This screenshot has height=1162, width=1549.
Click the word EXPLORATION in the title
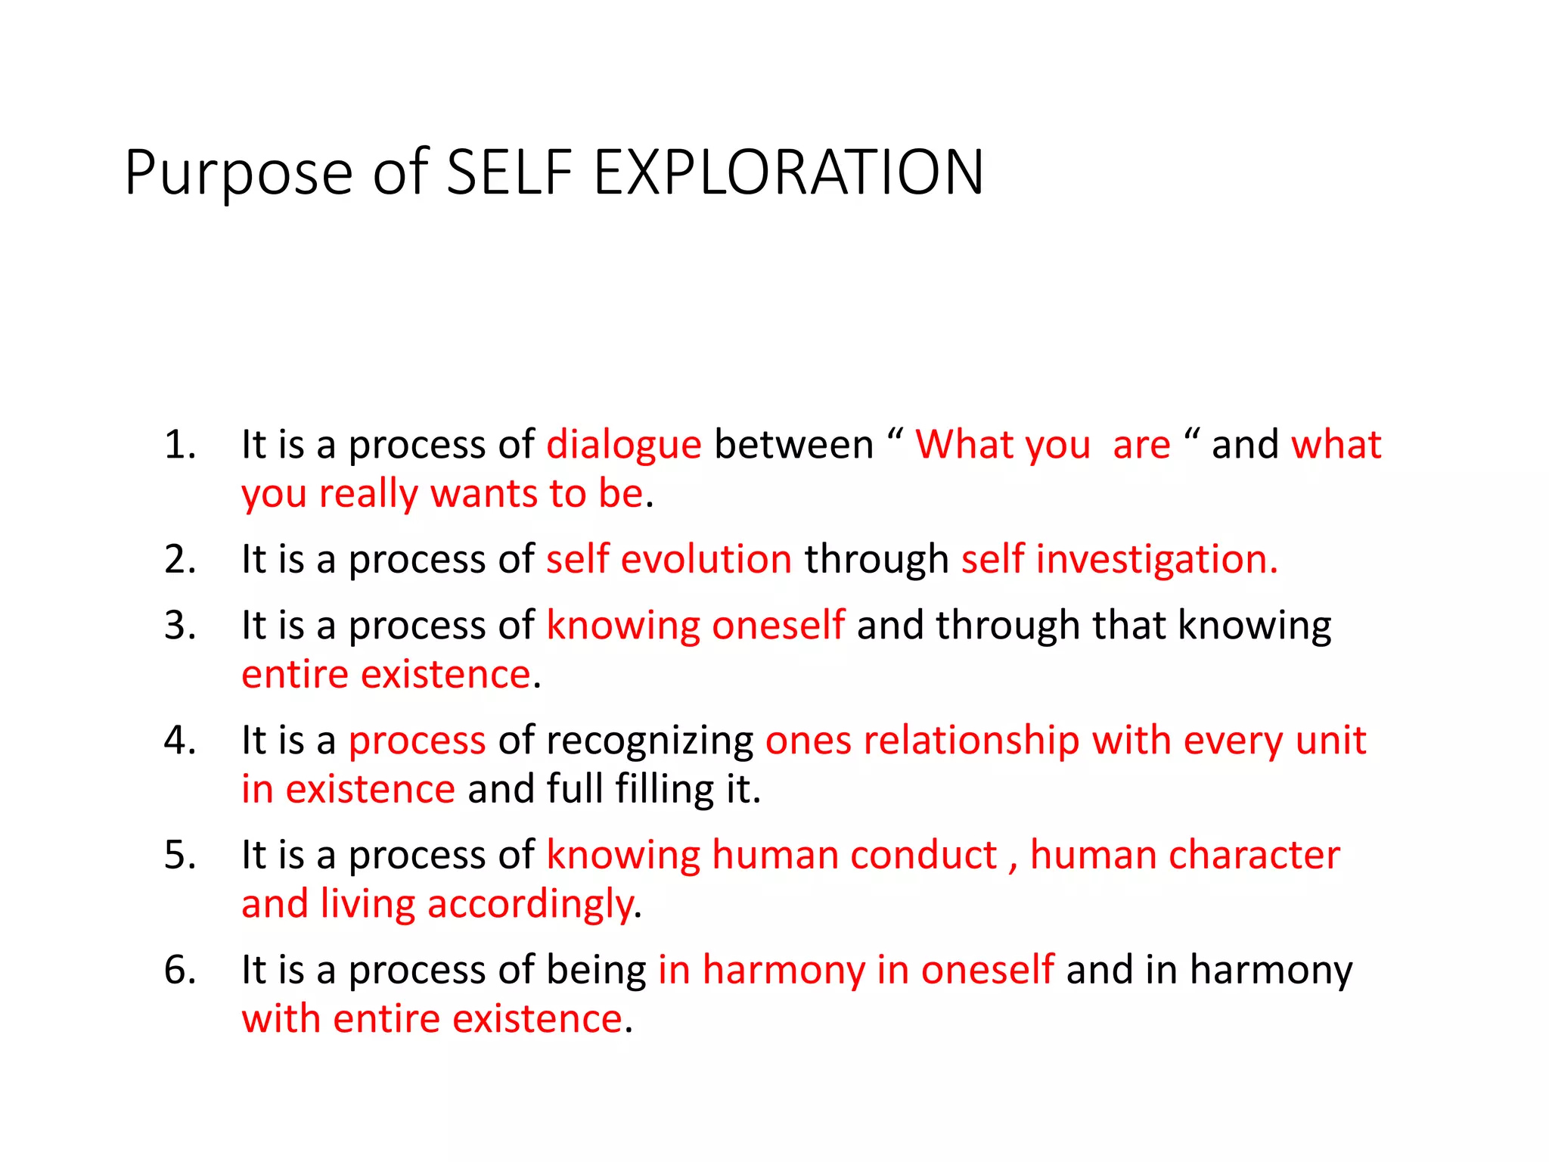click(788, 172)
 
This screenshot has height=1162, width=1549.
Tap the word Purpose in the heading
click(239, 174)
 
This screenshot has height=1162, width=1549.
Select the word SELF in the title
click(509, 172)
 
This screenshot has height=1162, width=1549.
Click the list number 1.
click(180, 444)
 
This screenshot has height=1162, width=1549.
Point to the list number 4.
click(180, 740)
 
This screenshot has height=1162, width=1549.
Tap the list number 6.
click(180, 970)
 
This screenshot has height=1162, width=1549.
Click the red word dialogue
click(624, 445)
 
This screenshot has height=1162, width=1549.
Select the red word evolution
click(706, 560)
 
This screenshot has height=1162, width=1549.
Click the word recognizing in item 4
click(650, 741)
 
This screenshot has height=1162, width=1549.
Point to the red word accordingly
click(530, 905)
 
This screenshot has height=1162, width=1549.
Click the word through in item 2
click(877, 560)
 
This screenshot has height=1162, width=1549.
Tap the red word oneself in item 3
click(778, 626)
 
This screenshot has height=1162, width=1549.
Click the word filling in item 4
click(664, 789)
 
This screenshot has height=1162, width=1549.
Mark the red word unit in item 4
click(1331, 741)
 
